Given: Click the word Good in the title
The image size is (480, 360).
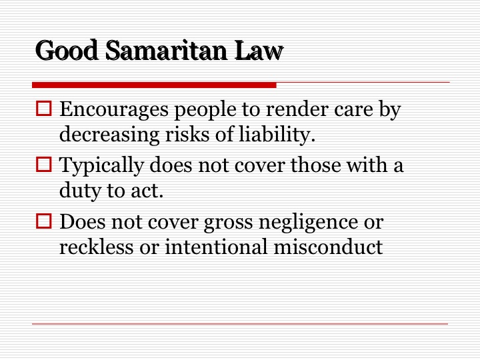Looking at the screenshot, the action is pyautogui.click(x=67, y=50).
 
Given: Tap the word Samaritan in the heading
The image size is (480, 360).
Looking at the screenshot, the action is pyautogui.click(x=166, y=50).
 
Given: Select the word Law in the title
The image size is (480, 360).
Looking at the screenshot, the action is pyautogui.click(x=259, y=50).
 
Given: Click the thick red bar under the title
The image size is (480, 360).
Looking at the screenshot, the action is pyautogui.click(x=154, y=85).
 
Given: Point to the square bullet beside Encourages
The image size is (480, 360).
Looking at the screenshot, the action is pyautogui.click(x=44, y=109).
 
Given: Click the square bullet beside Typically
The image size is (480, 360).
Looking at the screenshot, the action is pyautogui.click(x=44, y=165).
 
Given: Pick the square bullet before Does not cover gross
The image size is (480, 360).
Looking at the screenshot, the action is pyautogui.click(x=44, y=221).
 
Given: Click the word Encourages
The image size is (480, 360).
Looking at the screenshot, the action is pyautogui.click(x=114, y=110).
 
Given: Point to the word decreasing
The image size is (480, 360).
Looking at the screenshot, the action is pyautogui.click(x=109, y=135).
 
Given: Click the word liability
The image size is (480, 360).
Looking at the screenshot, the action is pyautogui.click(x=277, y=135).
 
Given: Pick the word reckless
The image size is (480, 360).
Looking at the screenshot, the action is pyautogui.click(x=97, y=247).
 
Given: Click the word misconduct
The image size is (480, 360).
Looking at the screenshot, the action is pyautogui.click(x=328, y=247).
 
